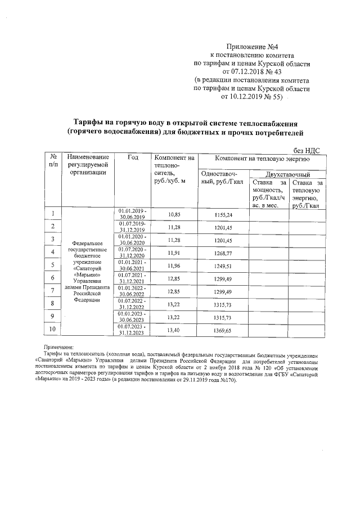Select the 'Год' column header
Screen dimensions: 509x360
click(x=133, y=158)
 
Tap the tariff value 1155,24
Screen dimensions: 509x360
click(x=223, y=215)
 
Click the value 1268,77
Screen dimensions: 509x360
click(x=223, y=253)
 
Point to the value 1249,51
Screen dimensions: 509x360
click(x=223, y=265)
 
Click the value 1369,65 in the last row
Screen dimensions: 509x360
click(x=223, y=330)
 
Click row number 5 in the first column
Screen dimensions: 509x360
click(x=53, y=265)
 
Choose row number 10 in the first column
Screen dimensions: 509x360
click(x=53, y=330)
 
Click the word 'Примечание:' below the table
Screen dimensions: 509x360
click(x=64, y=348)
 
